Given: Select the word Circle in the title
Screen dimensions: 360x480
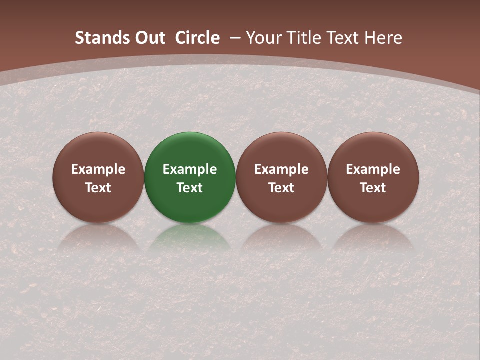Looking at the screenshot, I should (x=197, y=38).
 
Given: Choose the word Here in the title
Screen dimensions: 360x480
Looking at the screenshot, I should (x=383, y=38).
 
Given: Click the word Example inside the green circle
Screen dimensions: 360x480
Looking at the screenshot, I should (x=190, y=169).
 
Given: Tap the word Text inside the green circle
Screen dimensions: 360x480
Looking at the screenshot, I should (x=190, y=188).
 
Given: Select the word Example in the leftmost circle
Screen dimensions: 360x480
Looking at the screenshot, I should (x=98, y=169).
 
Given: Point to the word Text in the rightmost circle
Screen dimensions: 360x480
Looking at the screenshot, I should (x=373, y=188).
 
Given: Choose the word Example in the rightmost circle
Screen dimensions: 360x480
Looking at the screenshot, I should (x=373, y=169).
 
